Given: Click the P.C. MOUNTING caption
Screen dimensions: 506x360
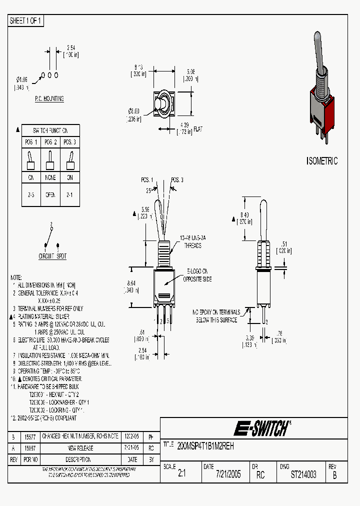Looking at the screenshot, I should click(49, 99).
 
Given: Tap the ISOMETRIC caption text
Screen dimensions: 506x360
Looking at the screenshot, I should click(321, 161).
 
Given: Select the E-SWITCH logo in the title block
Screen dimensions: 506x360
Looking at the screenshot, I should click(261, 428).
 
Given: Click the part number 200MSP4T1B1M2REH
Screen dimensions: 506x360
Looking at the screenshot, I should click(205, 445).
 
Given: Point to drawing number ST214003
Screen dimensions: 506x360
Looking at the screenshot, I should click(303, 474).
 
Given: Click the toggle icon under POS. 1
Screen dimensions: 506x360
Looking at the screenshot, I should click(30, 159).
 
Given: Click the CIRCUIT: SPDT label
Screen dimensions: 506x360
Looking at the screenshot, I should click(52, 256).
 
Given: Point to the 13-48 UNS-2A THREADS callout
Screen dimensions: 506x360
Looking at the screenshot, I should click(188, 242).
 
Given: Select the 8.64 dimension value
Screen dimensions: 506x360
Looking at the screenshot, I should click(132, 283).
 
